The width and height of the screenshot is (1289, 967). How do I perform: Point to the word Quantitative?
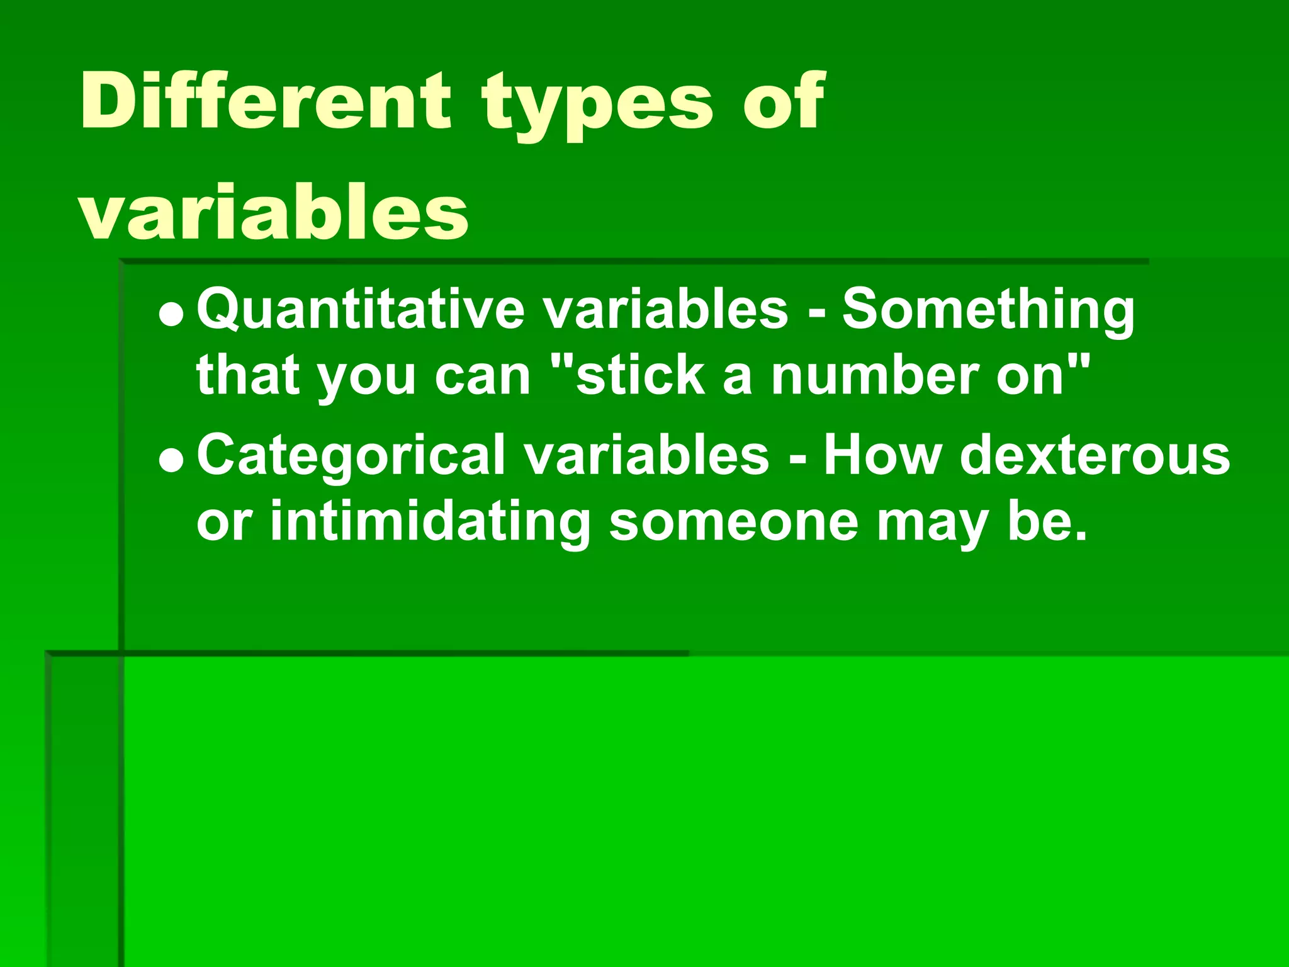(361, 310)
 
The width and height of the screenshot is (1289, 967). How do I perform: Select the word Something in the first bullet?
(988, 310)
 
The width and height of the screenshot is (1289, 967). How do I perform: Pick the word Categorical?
(351, 456)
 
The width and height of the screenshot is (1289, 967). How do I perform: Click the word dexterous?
(1095, 456)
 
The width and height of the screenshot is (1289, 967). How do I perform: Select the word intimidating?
(430, 523)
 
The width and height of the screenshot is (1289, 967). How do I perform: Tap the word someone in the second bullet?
(733, 523)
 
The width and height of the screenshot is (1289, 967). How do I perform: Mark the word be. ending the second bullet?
(1047, 523)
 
